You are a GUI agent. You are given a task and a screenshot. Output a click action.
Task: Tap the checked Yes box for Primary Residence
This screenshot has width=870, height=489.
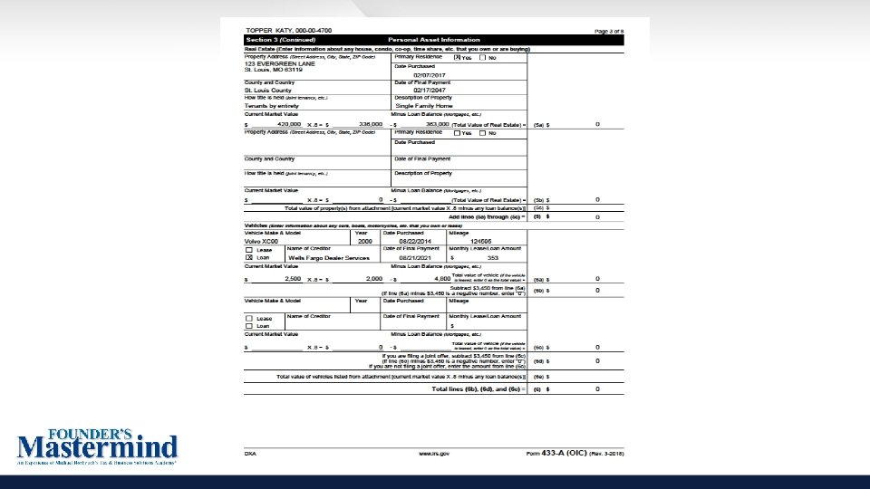click(457, 57)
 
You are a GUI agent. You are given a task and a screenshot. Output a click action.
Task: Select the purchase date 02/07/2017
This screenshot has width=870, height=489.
click(430, 75)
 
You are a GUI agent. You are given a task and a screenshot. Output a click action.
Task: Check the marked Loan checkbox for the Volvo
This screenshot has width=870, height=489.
click(249, 258)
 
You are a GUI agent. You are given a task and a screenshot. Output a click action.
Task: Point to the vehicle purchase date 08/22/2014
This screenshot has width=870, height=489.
click(415, 242)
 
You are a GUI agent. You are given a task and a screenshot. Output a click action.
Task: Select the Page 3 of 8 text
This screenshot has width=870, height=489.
click(608, 31)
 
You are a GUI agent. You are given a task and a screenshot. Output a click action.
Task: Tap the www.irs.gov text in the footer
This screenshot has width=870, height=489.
click(434, 452)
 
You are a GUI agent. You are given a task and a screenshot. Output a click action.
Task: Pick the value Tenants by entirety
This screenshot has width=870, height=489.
click(273, 106)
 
